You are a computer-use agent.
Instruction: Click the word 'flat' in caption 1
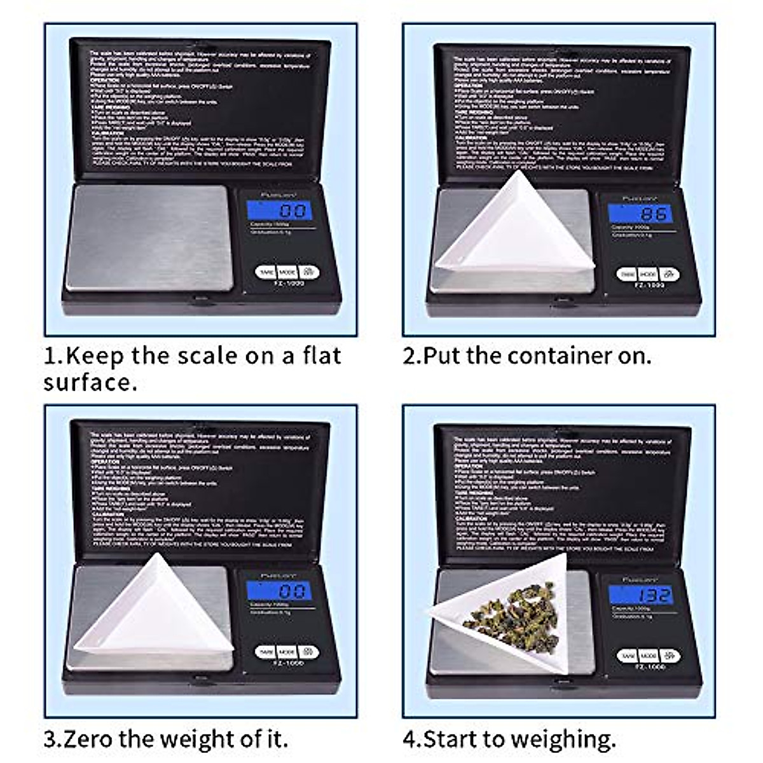(322, 355)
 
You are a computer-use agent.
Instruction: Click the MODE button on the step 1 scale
(287, 272)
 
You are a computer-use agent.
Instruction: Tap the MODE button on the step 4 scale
(648, 656)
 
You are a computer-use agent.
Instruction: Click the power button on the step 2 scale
(669, 274)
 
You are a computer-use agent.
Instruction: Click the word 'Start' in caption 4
(450, 739)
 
